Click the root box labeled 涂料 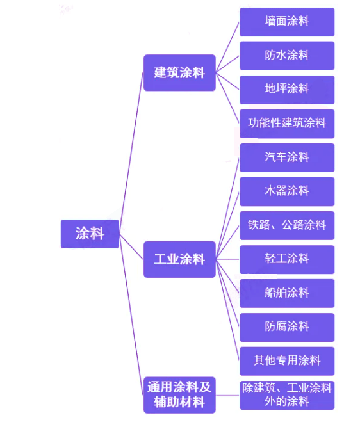coord(90,234)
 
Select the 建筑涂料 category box coord(179,72)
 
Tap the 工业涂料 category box coord(179,259)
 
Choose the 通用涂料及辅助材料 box coord(179,395)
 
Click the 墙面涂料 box coord(287,22)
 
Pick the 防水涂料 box coord(287,56)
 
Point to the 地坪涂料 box coord(287,90)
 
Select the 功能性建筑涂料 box coord(287,124)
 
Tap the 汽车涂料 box coord(287,157)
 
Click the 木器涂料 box coord(287,191)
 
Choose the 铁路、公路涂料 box coord(287,225)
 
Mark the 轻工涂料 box coord(287,259)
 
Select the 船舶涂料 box coord(287,293)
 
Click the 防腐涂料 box coord(287,327)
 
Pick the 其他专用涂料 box coord(287,361)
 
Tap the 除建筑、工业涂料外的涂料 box coord(287,395)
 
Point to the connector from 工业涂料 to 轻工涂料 coord(227,259)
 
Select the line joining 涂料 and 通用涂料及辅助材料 coord(131,314)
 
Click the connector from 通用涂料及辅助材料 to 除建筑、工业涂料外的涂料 coord(227,395)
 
